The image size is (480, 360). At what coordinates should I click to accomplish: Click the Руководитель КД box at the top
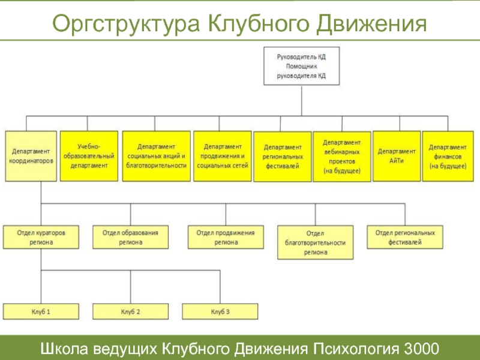click(x=302, y=66)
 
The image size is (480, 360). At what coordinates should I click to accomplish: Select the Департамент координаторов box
click(x=31, y=156)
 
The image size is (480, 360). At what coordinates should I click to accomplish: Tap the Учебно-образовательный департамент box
click(x=89, y=156)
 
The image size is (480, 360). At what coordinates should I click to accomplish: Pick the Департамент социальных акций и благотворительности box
click(x=157, y=156)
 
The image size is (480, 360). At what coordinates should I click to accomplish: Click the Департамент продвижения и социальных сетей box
click(x=223, y=156)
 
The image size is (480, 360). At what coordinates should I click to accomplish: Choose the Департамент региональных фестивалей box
click(x=283, y=157)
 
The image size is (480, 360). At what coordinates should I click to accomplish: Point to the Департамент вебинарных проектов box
click(x=342, y=157)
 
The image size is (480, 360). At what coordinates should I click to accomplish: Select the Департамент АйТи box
click(x=397, y=156)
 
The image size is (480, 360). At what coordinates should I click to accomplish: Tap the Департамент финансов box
click(x=448, y=156)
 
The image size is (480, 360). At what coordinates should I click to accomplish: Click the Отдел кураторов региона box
click(x=41, y=237)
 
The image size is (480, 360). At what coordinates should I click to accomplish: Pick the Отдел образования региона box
click(x=130, y=237)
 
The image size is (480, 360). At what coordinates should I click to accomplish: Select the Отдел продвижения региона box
click(x=226, y=237)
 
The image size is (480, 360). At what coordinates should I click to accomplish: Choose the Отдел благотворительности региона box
click(x=316, y=242)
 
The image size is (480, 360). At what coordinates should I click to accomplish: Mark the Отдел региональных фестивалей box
click(x=405, y=237)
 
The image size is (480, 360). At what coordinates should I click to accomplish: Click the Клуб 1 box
click(x=41, y=311)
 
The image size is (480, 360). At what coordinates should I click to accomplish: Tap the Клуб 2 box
click(x=130, y=311)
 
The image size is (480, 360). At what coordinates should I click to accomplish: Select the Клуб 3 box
click(x=220, y=311)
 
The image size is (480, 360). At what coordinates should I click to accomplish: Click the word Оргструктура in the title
click(x=126, y=24)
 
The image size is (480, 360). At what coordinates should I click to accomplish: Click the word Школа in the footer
click(x=64, y=349)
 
